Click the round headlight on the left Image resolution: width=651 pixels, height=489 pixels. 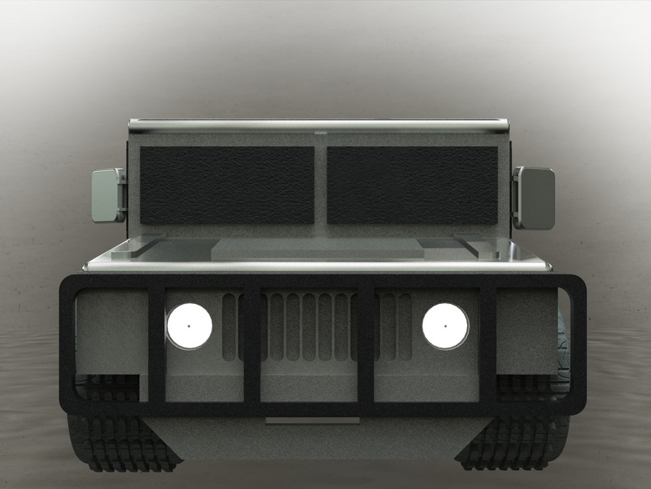pyautogui.click(x=189, y=325)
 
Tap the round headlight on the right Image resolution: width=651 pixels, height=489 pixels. pyautogui.click(x=445, y=325)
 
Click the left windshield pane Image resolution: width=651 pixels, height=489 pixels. pyautogui.click(x=227, y=185)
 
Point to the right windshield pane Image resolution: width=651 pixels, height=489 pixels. pyautogui.click(x=412, y=185)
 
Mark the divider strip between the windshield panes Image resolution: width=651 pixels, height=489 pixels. pyautogui.click(x=321, y=183)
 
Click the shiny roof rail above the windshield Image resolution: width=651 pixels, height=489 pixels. pyautogui.click(x=319, y=123)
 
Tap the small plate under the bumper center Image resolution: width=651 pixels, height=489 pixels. pyautogui.click(x=312, y=421)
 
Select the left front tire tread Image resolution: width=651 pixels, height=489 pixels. pyautogui.click(x=114, y=447)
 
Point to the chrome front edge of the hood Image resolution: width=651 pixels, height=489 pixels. pyautogui.click(x=319, y=265)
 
